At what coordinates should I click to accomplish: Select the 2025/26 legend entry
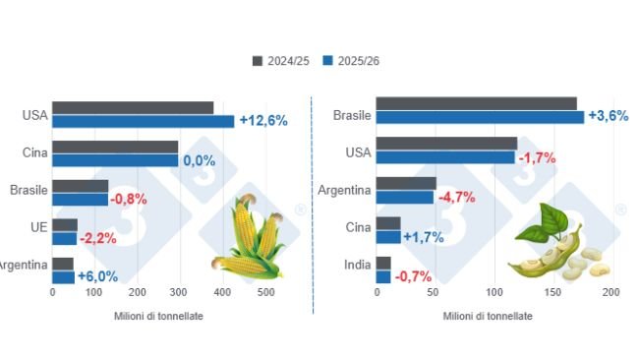(351, 61)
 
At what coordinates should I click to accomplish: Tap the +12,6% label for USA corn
(262, 121)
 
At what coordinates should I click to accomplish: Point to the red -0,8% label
(129, 199)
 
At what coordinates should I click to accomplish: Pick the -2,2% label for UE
(98, 238)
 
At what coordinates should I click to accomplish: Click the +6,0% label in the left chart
(96, 277)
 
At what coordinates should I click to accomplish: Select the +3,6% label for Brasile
(607, 116)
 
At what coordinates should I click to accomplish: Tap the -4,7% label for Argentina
(455, 197)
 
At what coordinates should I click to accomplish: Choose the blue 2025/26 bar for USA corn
(144, 121)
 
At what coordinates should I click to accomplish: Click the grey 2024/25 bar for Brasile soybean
(476, 103)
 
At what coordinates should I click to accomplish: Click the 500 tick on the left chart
(265, 293)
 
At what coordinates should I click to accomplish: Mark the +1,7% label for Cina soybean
(424, 237)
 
